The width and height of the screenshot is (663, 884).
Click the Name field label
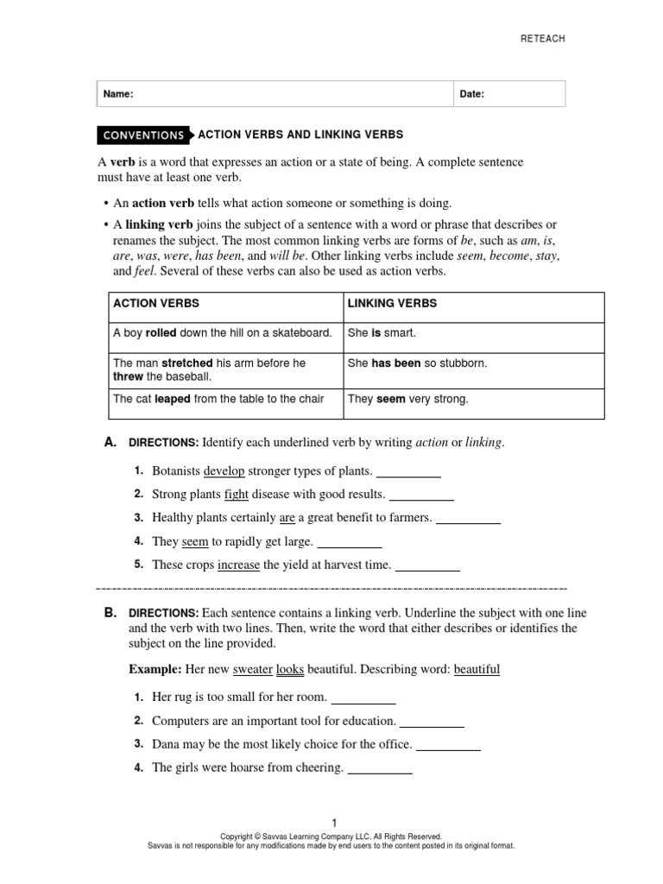pos(118,94)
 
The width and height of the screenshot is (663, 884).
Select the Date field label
pos(472,94)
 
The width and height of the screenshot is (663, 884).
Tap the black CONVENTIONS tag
pos(143,136)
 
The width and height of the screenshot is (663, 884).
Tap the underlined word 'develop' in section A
pos(224,471)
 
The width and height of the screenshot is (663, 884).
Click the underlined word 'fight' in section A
pos(236,495)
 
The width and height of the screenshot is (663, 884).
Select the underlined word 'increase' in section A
pos(238,565)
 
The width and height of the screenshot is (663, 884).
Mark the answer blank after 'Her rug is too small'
pos(363,698)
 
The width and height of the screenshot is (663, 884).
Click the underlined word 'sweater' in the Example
pos(252,669)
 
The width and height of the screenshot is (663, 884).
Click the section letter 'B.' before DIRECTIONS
pos(110,612)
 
